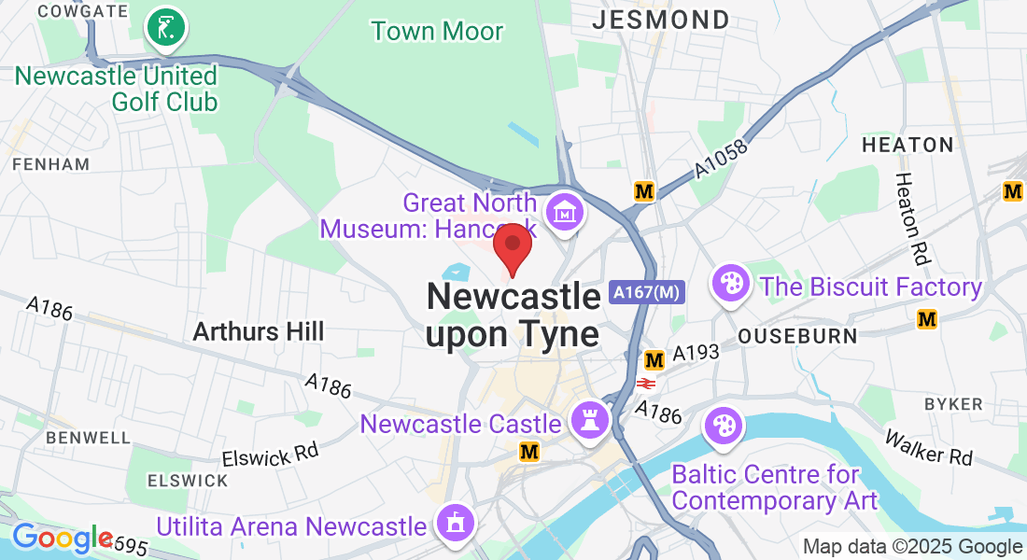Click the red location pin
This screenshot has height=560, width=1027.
click(512, 246)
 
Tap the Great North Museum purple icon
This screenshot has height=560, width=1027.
click(565, 214)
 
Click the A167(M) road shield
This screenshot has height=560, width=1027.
click(648, 292)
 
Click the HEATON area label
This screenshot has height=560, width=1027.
click(907, 145)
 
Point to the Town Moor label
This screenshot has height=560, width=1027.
click(437, 31)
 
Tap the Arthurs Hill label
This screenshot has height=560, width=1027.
click(259, 331)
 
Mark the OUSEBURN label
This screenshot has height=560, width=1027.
click(784, 334)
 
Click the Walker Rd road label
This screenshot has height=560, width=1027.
click(929, 447)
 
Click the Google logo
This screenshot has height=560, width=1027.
click(62, 539)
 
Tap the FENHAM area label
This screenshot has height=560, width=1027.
click(51, 164)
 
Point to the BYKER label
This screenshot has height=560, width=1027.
click(952, 404)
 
